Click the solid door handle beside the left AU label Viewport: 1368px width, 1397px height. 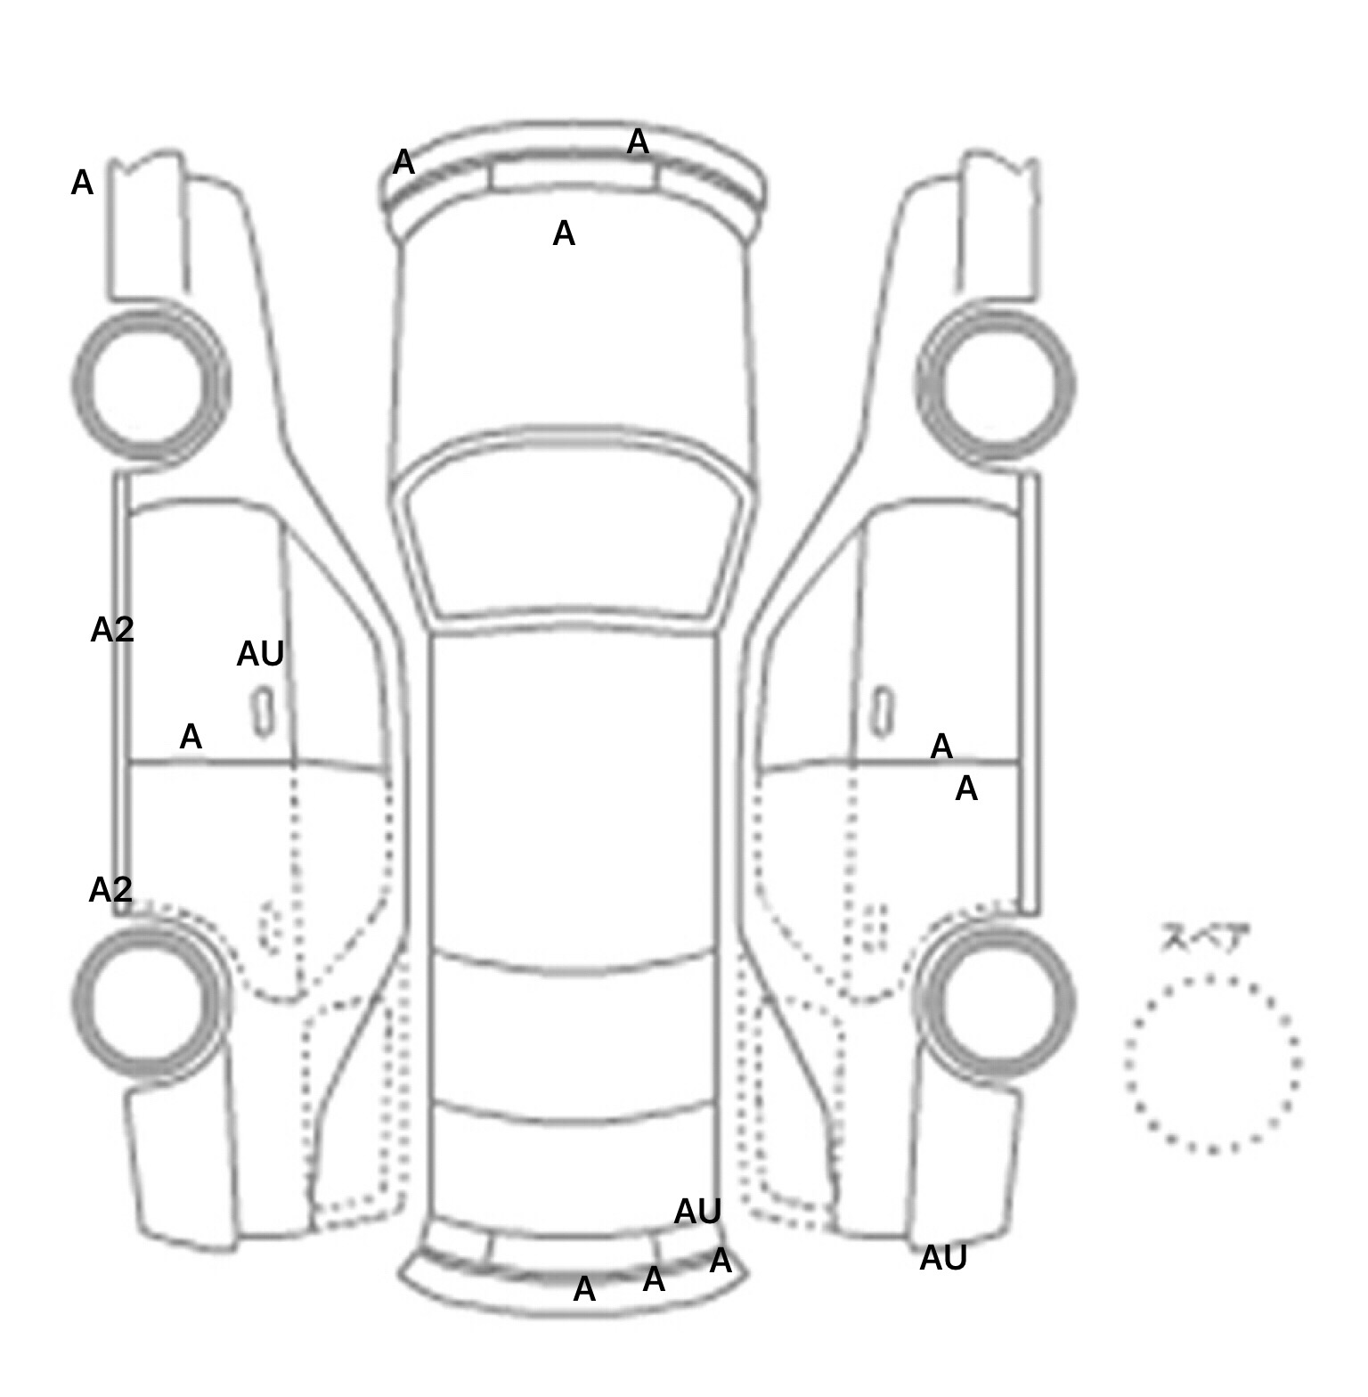point(264,711)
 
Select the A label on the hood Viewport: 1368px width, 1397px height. point(564,233)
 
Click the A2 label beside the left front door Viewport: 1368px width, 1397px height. point(112,630)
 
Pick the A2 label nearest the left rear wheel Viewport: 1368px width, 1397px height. point(110,889)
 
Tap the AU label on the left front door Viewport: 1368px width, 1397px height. point(260,654)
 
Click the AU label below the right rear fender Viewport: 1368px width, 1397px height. point(943,1258)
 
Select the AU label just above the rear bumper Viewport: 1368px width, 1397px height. point(697,1211)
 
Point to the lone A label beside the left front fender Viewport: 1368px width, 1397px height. point(82,183)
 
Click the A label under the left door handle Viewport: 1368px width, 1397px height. point(191,737)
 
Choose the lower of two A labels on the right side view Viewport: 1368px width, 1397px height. point(966,788)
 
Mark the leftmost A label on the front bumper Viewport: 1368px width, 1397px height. point(403,162)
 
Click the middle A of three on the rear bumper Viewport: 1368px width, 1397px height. point(654,1279)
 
